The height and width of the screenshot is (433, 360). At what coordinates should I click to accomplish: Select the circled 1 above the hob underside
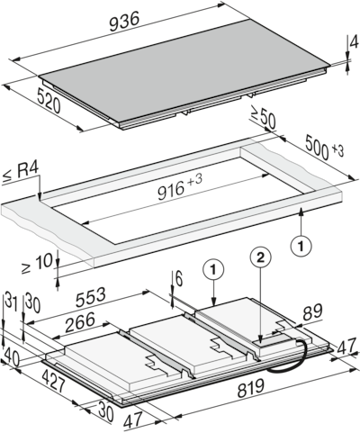tap(212, 267)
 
